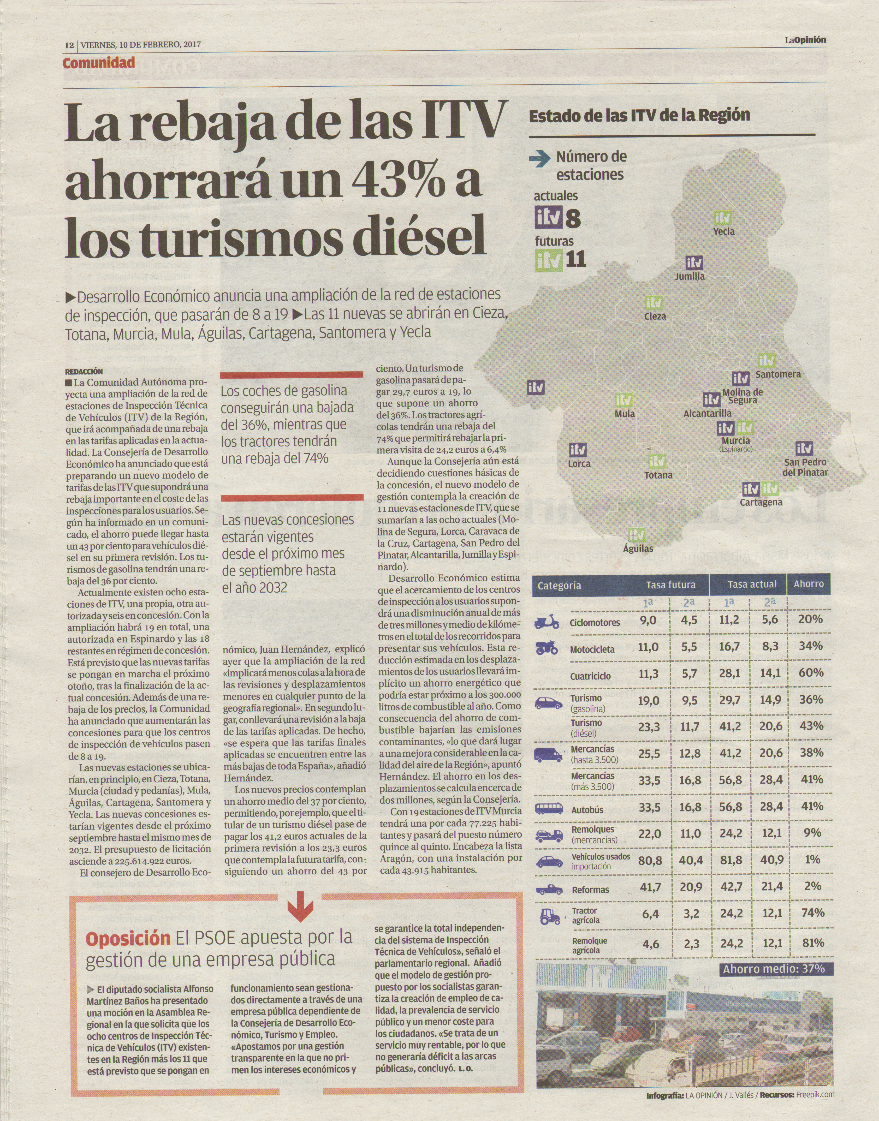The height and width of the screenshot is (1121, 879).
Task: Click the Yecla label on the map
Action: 723,231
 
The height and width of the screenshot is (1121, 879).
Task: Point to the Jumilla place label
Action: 690,276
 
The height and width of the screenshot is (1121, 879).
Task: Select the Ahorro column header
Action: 809,584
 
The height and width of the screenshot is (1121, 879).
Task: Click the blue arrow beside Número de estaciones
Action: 540,160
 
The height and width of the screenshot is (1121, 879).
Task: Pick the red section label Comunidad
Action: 99,63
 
